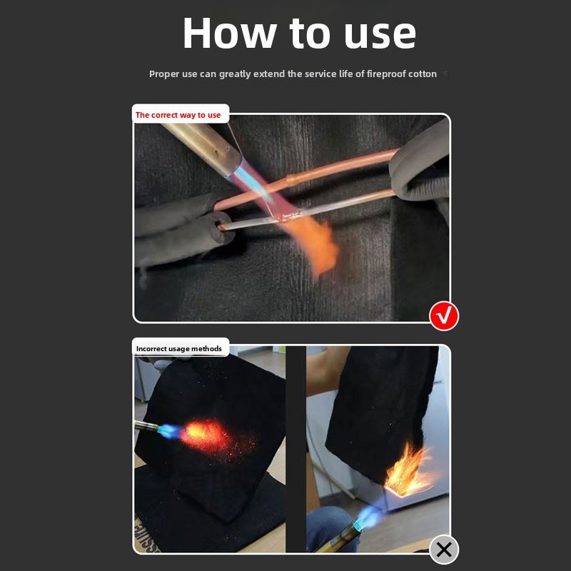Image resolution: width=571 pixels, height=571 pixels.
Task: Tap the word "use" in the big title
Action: click(x=380, y=34)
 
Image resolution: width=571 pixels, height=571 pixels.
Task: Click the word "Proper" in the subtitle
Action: click(x=164, y=74)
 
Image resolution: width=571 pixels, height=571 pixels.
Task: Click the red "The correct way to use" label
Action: click(x=178, y=115)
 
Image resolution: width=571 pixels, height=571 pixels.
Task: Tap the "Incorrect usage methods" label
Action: click(x=179, y=348)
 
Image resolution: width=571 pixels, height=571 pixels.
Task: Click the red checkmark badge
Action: click(x=444, y=315)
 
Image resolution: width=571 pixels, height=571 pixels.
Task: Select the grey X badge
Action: click(x=444, y=550)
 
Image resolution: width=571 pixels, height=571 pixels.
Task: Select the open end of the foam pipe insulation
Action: click(x=222, y=226)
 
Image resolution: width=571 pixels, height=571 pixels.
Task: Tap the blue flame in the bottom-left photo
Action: click(x=170, y=431)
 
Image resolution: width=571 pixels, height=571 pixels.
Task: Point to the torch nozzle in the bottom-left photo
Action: click(x=146, y=425)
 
